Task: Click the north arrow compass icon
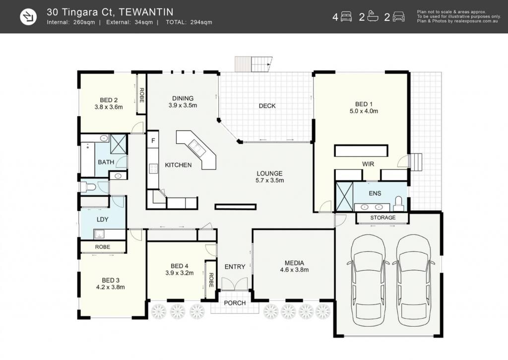click(28, 17)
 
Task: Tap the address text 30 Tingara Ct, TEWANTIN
click(110, 12)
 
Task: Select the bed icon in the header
click(346, 17)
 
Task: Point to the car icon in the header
click(398, 17)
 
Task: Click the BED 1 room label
click(364, 104)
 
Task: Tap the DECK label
click(267, 106)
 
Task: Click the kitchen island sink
click(197, 147)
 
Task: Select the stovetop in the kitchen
click(153, 169)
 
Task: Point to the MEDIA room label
click(294, 263)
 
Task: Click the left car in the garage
click(368, 281)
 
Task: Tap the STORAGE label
click(382, 217)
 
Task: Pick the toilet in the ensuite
click(398, 203)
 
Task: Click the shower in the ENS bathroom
click(344, 197)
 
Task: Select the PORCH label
click(235, 303)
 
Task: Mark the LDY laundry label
click(102, 219)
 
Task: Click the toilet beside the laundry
click(88, 187)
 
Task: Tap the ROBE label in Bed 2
click(141, 95)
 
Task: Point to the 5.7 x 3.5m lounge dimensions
click(269, 180)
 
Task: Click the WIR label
click(368, 164)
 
